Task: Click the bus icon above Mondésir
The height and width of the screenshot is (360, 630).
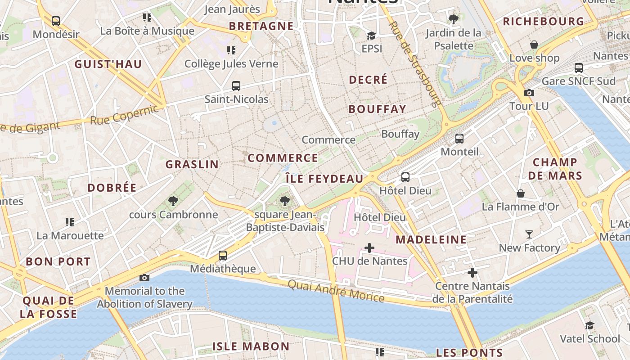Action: pos(56,21)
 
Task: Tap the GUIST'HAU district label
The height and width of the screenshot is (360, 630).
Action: pos(108,64)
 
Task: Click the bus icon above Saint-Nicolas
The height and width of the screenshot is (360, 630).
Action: pos(236,86)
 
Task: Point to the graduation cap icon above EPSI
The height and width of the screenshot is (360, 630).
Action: pos(371,36)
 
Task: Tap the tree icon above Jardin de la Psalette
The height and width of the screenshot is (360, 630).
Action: pos(453,19)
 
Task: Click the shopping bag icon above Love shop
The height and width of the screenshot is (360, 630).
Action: pos(534,45)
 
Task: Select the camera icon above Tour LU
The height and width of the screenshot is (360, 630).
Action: pos(529,93)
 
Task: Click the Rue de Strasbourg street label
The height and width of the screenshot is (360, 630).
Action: pos(414,63)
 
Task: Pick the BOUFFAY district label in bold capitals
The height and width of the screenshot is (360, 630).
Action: pos(377,109)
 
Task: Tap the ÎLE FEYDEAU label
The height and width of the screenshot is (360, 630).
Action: pos(324,179)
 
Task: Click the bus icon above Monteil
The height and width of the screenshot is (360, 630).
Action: pos(459,139)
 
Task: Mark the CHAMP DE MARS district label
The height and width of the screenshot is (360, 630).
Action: pos(555,169)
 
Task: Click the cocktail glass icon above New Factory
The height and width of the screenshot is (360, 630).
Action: pos(529,234)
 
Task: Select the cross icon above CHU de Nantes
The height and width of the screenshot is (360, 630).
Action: pos(369,248)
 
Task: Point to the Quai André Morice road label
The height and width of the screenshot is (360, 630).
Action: pos(336,291)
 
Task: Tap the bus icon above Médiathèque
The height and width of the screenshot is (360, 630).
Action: pos(222,256)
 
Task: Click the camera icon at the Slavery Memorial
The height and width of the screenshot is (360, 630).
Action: pos(144,278)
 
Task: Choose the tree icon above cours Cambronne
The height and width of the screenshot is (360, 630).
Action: pos(173,201)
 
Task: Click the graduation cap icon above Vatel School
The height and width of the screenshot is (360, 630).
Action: pos(589,325)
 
